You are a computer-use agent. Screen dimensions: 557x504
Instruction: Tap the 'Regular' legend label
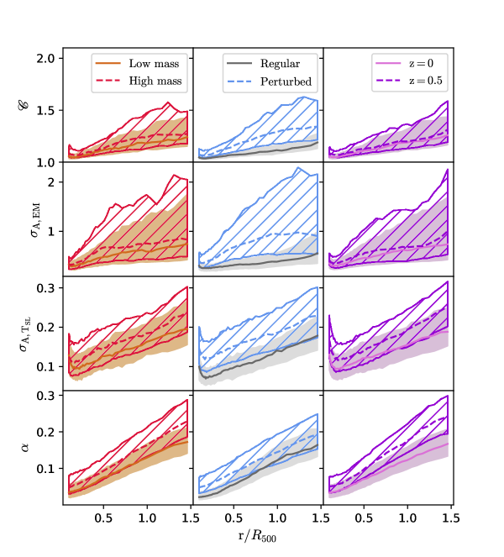pyautogui.click(x=280, y=64)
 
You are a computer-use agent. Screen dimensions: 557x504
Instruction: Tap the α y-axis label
pyautogui.click(x=33, y=448)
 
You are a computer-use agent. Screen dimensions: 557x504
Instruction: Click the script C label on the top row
pyautogui.click(x=34, y=106)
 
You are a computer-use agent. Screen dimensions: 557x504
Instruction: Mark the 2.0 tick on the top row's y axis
pyautogui.click(x=47, y=58)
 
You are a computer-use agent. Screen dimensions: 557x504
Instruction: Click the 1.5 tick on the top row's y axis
pyautogui.click(x=47, y=110)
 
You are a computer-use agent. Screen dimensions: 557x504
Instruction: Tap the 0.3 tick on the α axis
pyautogui.click(x=47, y=395)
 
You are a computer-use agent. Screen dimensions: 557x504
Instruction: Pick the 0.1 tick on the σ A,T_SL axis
pyautogui.click(x=47, y=365)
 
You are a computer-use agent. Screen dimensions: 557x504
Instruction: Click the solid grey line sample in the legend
pyautogui.click(x=238, y=64)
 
